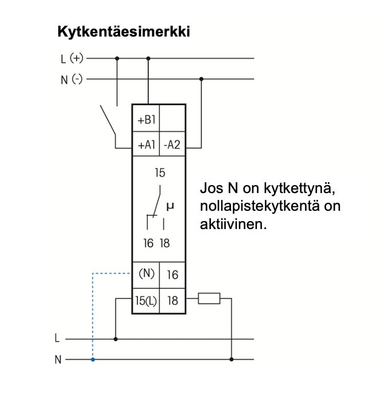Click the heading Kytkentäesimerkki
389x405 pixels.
pyautogui.click(x=123, y=31)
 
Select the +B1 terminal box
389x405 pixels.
pyautogui.click(x=146, y=120)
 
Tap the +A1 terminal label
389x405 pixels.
pyautogui.click(x=146, y=145)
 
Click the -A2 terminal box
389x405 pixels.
pyautogui.click(x=172, y=145)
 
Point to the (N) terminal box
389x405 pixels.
pyautogui.click(x=146, y=274)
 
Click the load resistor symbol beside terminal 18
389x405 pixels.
pyautogui.click(x=209, y=298)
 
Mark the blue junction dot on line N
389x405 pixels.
pyautogui.click(x=93, y=360)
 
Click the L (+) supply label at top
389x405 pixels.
pyautogui.click(x=72, y=58)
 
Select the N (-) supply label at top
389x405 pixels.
pyautogui.click(x=72, y=80)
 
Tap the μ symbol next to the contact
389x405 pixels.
pyautogui.click(x=170, y=204)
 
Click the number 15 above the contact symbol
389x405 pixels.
pyautogui.click(x=160, y=173)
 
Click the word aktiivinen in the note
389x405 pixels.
pyautogui.click(x=233, y=224)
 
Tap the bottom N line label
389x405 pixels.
pyautogui.click(x=57, y=360)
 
